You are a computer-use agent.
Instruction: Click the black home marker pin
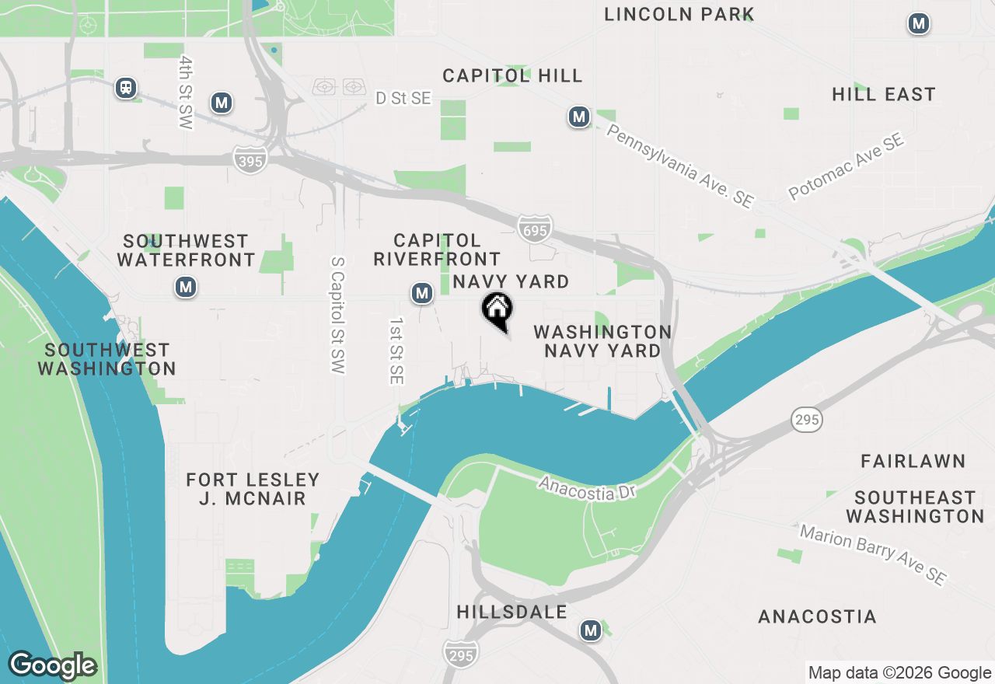click(497, 309)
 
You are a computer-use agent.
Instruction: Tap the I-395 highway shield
click(250, 161)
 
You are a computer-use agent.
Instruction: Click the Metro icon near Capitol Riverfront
click(421, 293)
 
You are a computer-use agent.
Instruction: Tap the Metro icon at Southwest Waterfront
click(185, 288)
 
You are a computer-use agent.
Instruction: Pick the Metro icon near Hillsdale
click(591, 630)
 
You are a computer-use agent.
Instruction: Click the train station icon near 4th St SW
click(126, 88)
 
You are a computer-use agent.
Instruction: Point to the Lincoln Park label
click(679, 14)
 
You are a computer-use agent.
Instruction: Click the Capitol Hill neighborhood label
click(512, 75)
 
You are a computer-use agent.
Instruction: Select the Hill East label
click(883, 95)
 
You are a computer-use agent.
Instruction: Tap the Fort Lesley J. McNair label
click(253, 489)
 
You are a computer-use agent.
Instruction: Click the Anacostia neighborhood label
click(817, 617)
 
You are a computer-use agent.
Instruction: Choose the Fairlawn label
click(913, 462)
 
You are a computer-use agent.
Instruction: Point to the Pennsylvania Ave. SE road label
click(679, 166)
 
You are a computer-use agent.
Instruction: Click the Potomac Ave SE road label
click(846, 167)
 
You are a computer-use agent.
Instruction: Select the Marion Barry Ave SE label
click(873, 555)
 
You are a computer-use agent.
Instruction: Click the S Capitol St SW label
click(337, 316)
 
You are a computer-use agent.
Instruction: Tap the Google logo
click(52, 666)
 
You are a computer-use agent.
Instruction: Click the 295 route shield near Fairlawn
click(807, 420)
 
